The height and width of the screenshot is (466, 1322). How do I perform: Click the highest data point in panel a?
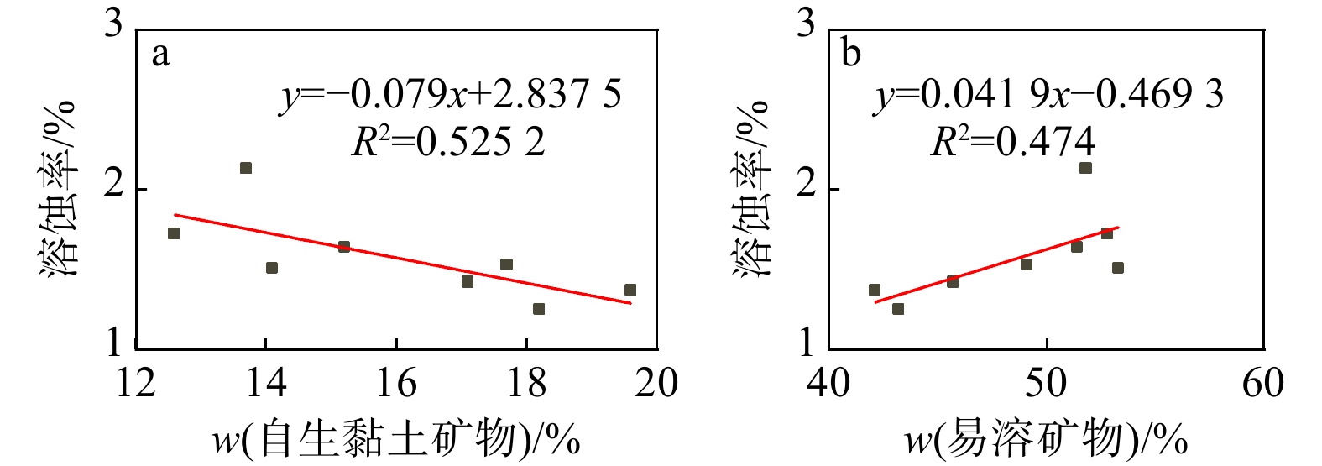pos(246,168)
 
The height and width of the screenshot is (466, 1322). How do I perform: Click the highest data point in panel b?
pos(1085,168)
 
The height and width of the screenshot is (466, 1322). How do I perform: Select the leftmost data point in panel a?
pos(174,233)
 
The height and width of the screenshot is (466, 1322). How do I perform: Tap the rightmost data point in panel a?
pos(630,290)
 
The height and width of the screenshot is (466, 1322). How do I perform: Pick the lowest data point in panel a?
pos(539,309)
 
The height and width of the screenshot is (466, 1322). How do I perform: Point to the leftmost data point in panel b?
pos(875,290)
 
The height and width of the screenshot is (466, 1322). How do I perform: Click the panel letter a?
pos(159,55)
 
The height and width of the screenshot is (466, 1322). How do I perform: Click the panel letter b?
pos(850,55)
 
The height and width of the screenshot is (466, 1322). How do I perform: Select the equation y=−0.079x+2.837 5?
pos(451,95)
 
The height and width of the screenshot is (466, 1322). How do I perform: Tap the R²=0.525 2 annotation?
pos(448,142)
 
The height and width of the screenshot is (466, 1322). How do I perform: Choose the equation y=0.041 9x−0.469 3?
pos(1048,95)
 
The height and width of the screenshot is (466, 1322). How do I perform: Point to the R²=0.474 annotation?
pos(1013,142)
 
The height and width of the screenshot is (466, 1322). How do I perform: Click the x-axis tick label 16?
pos(396,384)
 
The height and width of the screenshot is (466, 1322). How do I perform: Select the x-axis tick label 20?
pos(656,384)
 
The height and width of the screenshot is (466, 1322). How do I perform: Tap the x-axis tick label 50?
pos(1047,384)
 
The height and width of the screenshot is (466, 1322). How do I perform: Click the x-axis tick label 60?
pos(1263,384)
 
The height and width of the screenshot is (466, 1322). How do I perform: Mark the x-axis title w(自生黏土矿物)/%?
pos(395,439)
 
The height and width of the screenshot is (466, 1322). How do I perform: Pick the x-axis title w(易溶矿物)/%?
pos(1046,439)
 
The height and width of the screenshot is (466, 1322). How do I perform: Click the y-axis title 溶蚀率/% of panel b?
pos(751,189)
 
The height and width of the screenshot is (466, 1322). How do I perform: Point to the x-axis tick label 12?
pos(136,384)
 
